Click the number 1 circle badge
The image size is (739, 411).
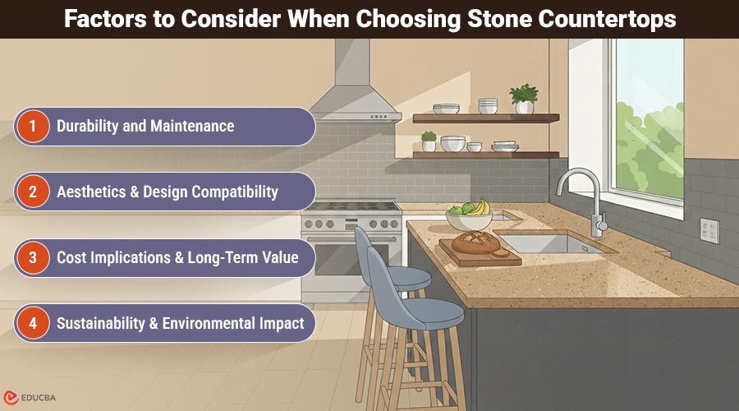[33, 127]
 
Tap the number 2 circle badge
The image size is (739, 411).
[33, 192]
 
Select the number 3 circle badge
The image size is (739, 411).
[33, 258]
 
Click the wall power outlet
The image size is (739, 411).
[708, 230]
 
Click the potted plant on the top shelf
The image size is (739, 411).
[523, 99]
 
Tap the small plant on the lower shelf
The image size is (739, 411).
[429, 141]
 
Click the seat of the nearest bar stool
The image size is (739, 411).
[427, 312]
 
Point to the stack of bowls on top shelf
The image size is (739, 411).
[488, 106]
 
